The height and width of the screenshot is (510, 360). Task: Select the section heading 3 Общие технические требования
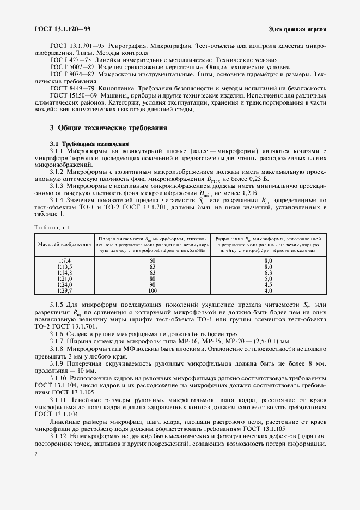[108, 127]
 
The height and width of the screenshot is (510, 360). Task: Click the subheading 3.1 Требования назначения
[86, 143]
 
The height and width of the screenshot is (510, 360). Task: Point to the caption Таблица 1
[53, 227]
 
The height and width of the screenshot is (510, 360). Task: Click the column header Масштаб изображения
[64, 244]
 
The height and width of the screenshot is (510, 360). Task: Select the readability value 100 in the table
[152, 291]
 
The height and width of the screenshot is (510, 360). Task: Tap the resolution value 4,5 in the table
[268, 285]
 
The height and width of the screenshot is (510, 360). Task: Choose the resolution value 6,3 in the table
[268, 273]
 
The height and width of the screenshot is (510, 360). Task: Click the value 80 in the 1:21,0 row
[152, 279]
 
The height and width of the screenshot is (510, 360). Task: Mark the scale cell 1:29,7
[64, 291]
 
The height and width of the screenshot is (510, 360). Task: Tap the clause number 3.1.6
[58, 333]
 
